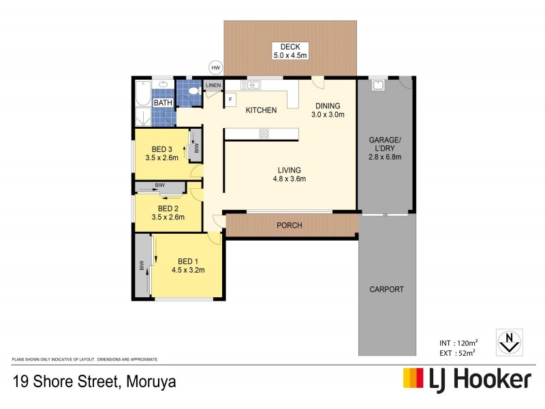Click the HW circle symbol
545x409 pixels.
click(x=216, y=67)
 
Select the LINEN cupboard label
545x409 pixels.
click(x=214, y=85)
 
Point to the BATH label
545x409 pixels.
click(x=163, y=103)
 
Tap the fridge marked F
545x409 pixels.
click(x=230, y=100)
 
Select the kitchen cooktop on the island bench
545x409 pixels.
click(x=264, y=134)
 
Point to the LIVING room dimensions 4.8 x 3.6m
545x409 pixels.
click(x=289, y=179)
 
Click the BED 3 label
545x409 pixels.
click(x=161, y=149)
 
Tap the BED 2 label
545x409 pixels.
click(x=168, y=208)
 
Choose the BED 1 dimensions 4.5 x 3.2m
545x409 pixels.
click(x=188, y=270)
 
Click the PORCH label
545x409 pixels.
click(x=289, y=226)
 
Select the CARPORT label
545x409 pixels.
click(x=387, y=289)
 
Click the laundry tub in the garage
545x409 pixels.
click(x=376, y=86)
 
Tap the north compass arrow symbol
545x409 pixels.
click(x=508, y=340)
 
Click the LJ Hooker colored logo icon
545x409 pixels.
click(x=413, y=378)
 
